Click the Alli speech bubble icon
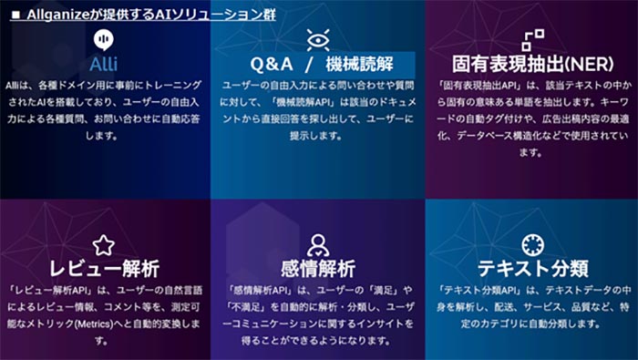click(x=104, y=41)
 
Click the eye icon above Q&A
click(x=318, y=39)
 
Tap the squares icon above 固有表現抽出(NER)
click(x=531, y=39)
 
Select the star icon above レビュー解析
click(x=103, y=244)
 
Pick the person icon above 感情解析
click(x=317, y=244)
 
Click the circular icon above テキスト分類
click(x=532, y=244)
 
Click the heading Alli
click(x=104, y=65)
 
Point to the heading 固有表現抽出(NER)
click(x=531, y=65)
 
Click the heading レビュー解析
click(x=104, y=269)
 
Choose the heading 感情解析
click(x=317, y=269)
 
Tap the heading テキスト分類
click(x=532, y=269)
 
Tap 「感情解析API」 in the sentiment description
click(x=257, y=290)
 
